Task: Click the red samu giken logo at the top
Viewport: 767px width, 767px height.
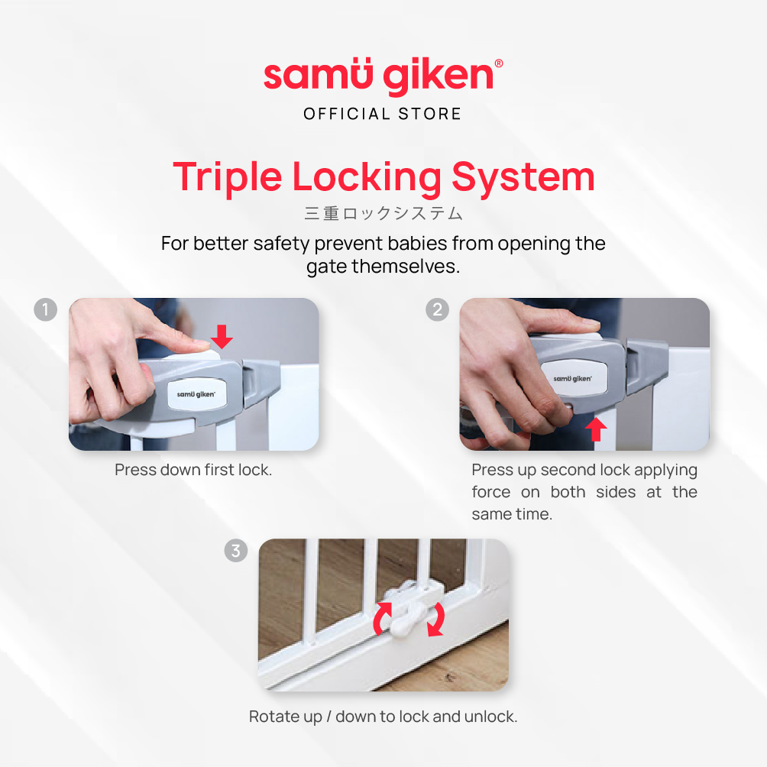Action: click(x=379, y=76)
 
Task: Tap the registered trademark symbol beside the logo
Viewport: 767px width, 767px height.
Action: click(x=499, y=63)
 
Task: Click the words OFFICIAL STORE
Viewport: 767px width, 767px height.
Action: click(x=383, y=114)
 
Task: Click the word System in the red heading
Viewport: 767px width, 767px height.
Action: click(x=523, y=178)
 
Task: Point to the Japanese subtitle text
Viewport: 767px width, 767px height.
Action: click(x=383, y=214)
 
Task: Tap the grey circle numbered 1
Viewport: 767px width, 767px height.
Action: click(x=46, y=309)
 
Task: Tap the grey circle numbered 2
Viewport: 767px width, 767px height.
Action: click(x=437, y=309)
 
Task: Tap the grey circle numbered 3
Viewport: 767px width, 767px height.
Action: click(x=236, y=550)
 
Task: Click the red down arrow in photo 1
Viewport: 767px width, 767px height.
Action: click(x=222, y=336)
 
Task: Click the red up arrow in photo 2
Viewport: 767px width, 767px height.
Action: click(x=596, y=429)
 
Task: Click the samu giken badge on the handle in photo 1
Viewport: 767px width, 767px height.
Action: click(x=196, y=393)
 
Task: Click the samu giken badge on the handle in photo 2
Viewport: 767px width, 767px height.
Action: click(x=573, y=378)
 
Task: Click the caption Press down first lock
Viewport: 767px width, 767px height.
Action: click(x=193, y=470)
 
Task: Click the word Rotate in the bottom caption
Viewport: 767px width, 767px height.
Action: click(x=273, y=716)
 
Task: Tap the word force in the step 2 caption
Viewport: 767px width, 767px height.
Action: click(x=490, y=492)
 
